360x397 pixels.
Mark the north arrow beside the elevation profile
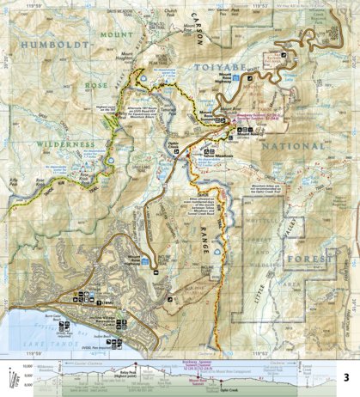pos(9,377)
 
